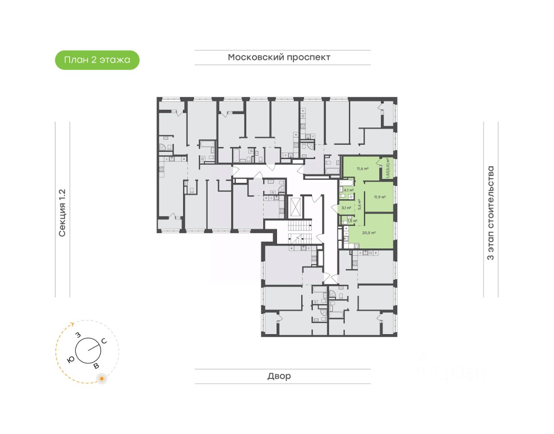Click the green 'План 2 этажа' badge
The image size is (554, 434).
coord(97,60)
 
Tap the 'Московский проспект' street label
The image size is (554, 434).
coord(279,57)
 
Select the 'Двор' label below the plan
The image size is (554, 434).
coord(279,376)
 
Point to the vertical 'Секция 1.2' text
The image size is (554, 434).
coord(62,213)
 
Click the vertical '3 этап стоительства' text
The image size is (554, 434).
coord(490,213)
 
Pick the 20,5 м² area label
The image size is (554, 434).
coord(369,233)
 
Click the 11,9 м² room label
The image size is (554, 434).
coord(380,197)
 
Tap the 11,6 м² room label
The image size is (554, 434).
coord(362,169)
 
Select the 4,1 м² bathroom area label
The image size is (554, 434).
coord(348,190)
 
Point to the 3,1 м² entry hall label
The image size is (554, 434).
coord(346,208)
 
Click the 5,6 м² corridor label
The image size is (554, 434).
coord(359,204)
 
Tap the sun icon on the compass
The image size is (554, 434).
coord(102,379)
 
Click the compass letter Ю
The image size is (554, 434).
coord(71,359)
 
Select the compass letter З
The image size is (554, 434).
coord(78,335)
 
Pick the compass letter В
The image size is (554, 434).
coord(96,366)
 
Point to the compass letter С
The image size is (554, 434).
coord(104,341)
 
